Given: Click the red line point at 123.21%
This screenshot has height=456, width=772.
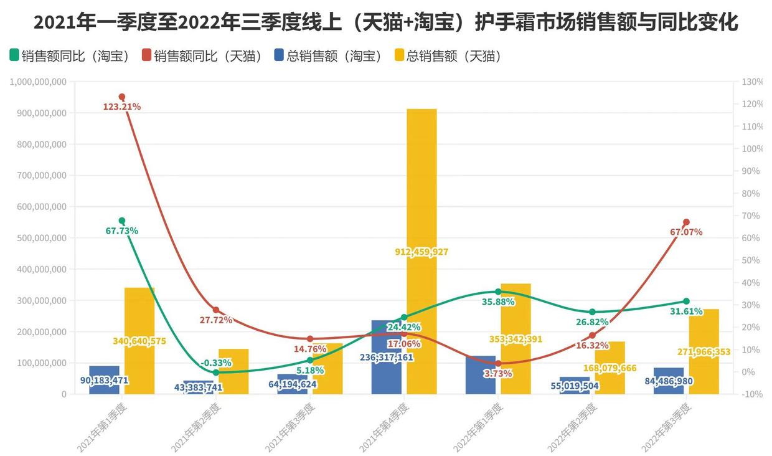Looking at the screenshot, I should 122,97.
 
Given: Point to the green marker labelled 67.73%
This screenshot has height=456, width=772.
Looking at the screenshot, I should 122,221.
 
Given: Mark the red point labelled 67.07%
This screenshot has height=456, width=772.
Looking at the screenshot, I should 686,222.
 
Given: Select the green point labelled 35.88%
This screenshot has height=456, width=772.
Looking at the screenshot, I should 498,292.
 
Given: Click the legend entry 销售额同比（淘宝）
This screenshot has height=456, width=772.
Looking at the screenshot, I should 69,56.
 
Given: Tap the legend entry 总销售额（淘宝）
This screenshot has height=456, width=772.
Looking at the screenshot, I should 327,56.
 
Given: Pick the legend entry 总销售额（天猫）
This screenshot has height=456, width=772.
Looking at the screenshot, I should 448,56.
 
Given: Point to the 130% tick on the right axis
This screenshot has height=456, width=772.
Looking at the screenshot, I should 752,82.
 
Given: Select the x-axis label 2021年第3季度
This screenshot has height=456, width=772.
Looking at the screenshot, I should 290,427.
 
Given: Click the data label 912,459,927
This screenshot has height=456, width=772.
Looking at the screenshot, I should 421,252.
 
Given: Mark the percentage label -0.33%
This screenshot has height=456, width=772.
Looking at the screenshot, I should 216,363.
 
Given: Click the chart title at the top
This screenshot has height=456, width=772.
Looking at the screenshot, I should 386,23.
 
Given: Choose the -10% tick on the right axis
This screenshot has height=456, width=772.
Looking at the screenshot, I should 752,394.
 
